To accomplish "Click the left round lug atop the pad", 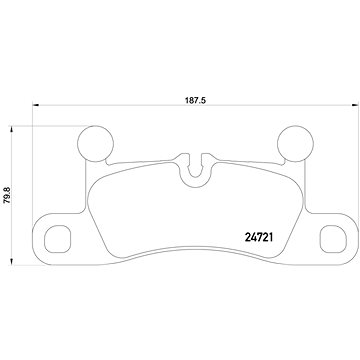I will pyautogui.click(x=96, y=141).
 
